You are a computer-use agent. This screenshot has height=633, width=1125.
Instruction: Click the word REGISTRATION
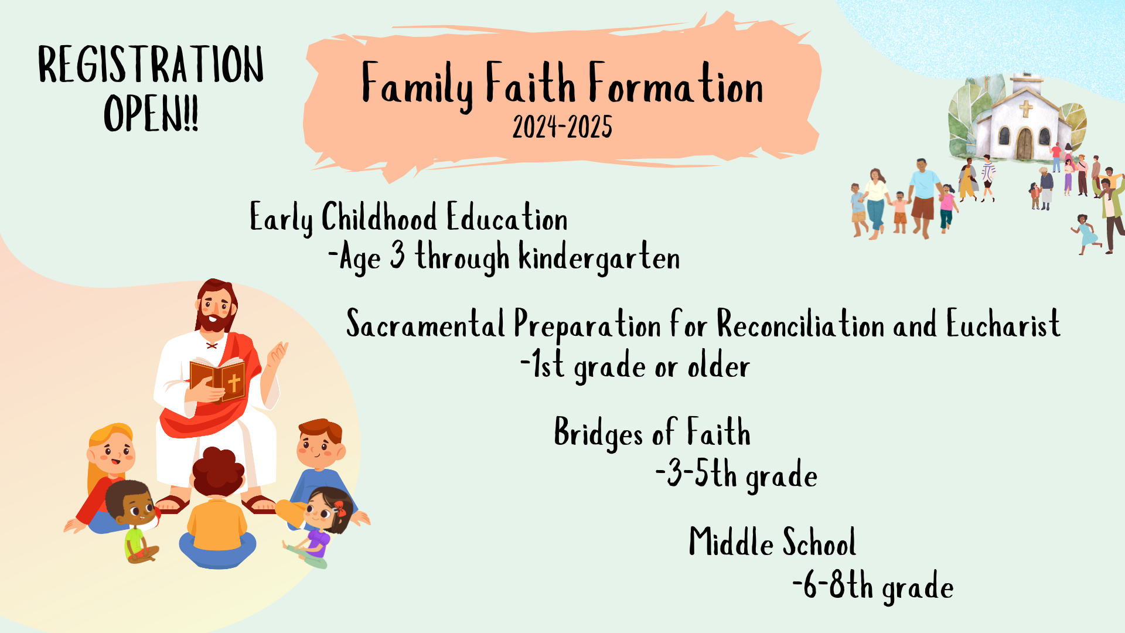151,64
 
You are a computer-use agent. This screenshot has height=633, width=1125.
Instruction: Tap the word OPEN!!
151,114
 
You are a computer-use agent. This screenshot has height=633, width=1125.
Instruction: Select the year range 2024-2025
562,127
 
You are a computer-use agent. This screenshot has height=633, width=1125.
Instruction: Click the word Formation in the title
676,84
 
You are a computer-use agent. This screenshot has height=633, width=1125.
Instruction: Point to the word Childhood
379,217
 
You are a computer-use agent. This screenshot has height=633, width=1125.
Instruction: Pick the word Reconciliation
800,324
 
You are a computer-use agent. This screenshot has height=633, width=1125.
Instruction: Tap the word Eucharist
1003,324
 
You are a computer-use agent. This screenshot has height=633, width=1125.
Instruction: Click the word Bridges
598,433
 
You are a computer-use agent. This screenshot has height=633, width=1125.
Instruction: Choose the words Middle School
772,542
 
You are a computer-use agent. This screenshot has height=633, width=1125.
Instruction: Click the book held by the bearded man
217,379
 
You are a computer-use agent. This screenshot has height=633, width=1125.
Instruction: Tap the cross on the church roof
1026,108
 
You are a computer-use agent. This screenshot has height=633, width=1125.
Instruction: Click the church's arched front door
1024,144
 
